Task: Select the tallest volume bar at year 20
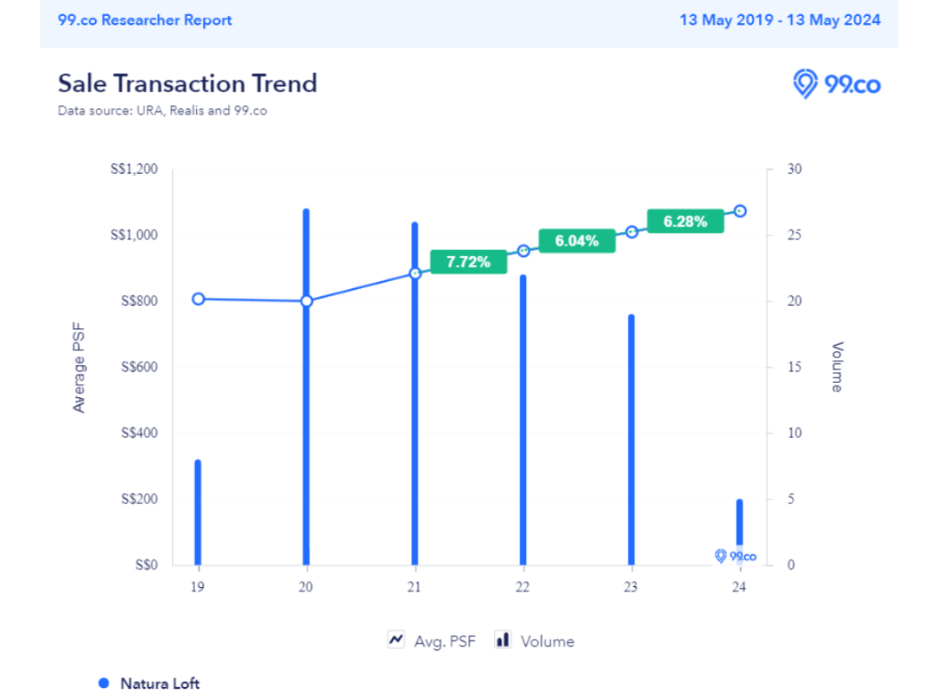point(306,426)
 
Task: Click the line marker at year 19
point(199,299)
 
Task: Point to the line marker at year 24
point(740,211)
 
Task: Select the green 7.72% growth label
point(467,262)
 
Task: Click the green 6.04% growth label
point(576,240)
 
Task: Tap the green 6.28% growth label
point(685,222)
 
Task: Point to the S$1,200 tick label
point(134,169)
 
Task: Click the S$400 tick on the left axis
point(138,434)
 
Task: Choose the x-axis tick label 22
point(522,587)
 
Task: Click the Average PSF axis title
point(80,367)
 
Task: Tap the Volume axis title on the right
point(836,367)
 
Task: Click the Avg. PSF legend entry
point(432,641)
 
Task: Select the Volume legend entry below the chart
point(535,641)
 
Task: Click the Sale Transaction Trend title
point(187,83)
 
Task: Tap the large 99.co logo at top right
point(836,83)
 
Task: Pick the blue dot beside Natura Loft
point(104,684)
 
